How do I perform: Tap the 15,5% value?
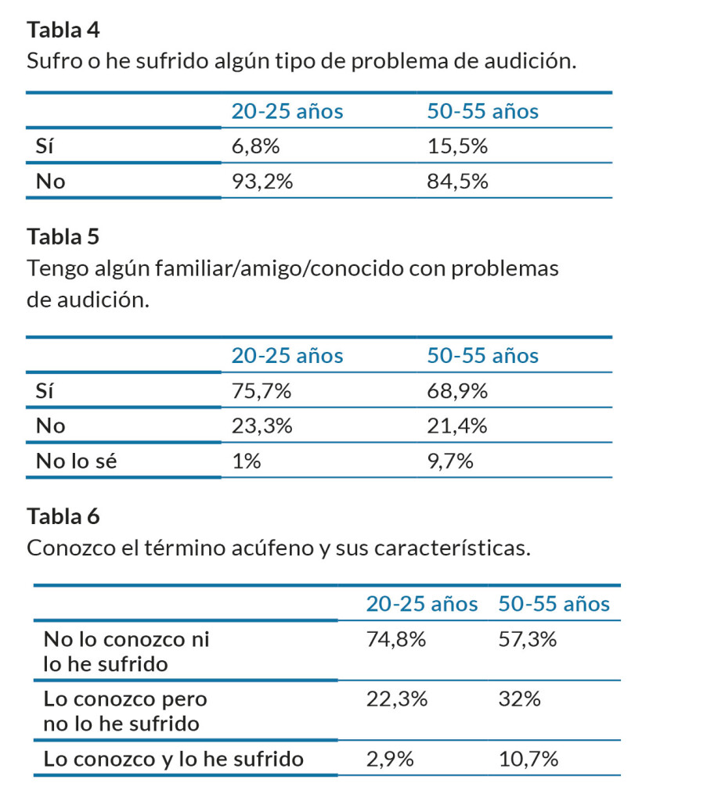458,146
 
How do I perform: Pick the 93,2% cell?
262,182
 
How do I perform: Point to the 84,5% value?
458,182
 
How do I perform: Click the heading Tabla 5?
63,235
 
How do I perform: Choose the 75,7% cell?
262,391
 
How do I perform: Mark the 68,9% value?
458,391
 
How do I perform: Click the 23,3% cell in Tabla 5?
262,426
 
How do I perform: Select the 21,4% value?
458,426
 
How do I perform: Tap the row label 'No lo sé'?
76,462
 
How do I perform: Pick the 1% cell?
246,462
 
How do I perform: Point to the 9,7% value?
451,462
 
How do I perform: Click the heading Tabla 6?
63,516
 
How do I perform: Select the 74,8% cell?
396,640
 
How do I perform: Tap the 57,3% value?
528,640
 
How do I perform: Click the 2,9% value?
389,759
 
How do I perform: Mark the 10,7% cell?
528,759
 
